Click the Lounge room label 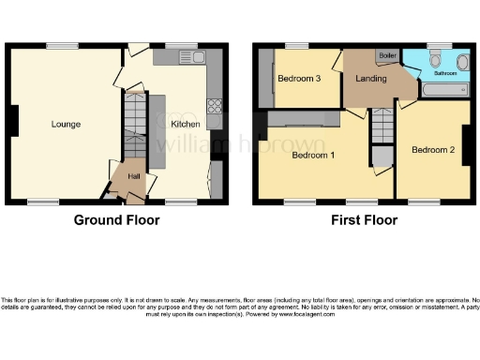pos(66,124)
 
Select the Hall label pos(133,175)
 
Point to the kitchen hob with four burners pos(215,106)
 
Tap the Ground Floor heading pos(117,220)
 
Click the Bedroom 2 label pos(432,150)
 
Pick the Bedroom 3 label pos(300,78)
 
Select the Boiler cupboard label pos(386,56)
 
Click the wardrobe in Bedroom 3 pos(266,79)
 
